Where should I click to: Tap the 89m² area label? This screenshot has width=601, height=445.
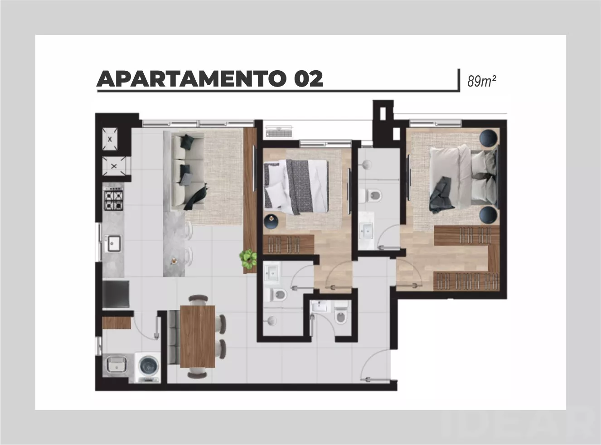[481, 81]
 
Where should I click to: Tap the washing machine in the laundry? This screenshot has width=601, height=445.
[148, 368]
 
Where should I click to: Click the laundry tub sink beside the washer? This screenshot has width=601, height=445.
[116, 364]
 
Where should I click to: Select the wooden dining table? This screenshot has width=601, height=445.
[198, 336]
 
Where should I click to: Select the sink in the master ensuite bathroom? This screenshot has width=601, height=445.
[366, 231]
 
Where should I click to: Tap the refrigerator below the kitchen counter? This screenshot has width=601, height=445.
[116, 294]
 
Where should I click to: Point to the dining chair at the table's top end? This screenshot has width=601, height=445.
[199, 299]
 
